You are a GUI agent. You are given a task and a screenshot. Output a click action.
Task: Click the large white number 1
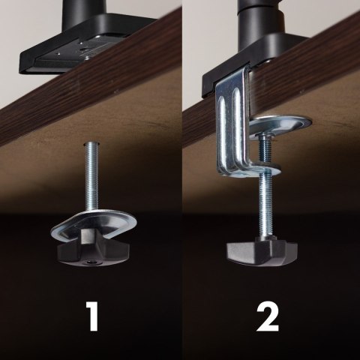click(x=92, y=316)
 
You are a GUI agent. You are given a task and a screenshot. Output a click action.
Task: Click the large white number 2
click(x=268, y=316)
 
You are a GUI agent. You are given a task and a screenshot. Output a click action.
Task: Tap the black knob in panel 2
click(x=262, y=252)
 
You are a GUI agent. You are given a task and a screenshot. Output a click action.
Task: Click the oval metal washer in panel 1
click(x=94, y=224)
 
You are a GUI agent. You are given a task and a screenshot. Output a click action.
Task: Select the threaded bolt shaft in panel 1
click(x=91, y=176)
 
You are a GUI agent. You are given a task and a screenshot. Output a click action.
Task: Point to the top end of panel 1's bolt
click(x=91, y=143)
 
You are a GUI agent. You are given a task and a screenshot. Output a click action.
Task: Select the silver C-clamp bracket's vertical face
click(x=232, y=120)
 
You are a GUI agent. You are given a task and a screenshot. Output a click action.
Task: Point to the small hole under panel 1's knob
click(x=90, y=262)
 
